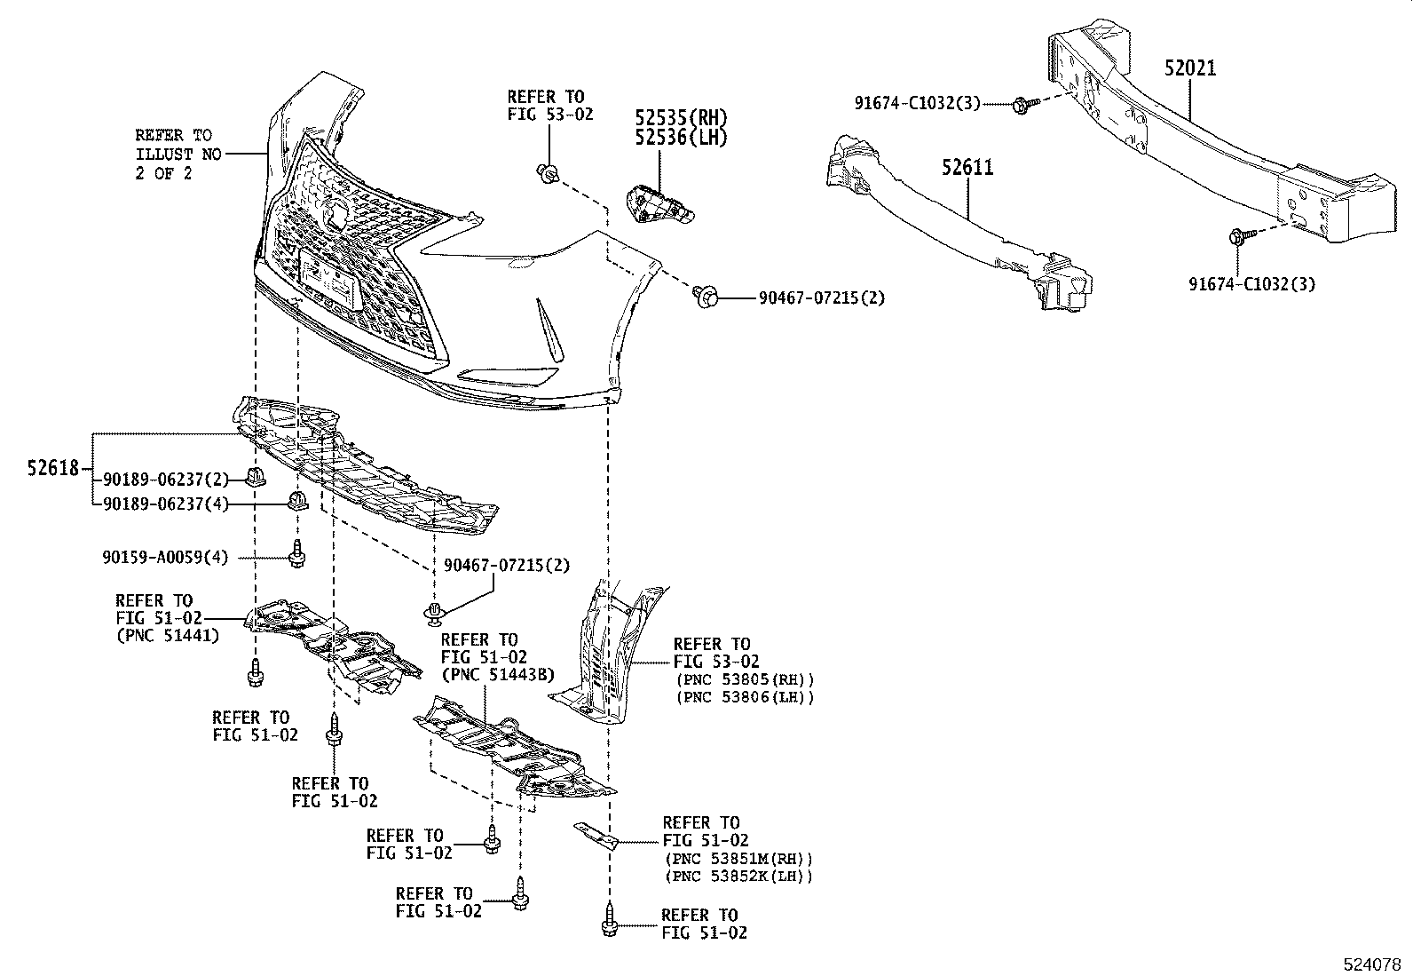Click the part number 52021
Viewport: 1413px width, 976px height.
pyautogui.click(x=1190, y=68)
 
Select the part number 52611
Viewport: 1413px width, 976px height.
pyautogui.click(x=967, y=168)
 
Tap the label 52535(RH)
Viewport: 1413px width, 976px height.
pyautogui.click(x=681, y=117)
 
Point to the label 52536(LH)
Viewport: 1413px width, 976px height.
pyautogui.click(x=681, y=137)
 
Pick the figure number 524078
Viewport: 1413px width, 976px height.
pyautogui.click(x=1370, y=963)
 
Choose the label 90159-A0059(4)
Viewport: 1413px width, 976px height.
pyautogui.click(x=165, y=558)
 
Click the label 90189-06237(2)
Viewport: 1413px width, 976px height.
pyautogui.click(x=165, y=480)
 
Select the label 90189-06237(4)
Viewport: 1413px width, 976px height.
pyautogui.click(x=165, y=504)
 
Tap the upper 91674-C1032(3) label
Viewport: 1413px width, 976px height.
pyautogui.click(x=918, y=103)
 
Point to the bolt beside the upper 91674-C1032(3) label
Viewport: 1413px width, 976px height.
pyautogui.click(x=1020, y=105)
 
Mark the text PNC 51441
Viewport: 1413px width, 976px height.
pyautogui.click(x=168, y=635)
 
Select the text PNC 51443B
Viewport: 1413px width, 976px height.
pyautogui.click(x=497, y=675)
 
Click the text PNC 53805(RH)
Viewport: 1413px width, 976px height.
pyautogui.click(x=745, y=679)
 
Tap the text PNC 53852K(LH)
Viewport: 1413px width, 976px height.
pyautogui.click(x=738, y=877)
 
